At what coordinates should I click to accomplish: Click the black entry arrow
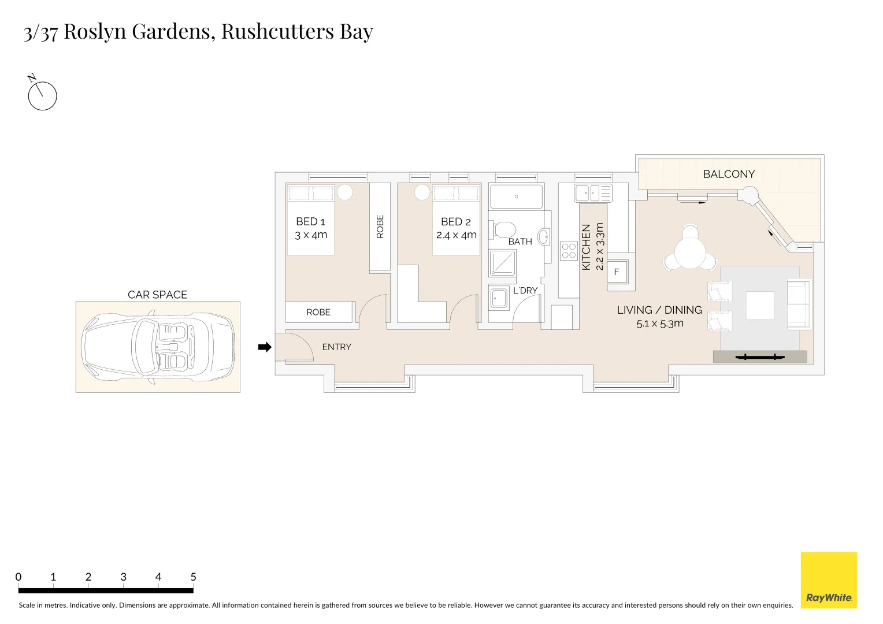[x=264, y=347]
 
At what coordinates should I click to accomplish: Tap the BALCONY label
[x=729, y=174]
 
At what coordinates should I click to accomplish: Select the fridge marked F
[x=617, y=272]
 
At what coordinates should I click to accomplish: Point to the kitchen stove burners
[x=569, y=250]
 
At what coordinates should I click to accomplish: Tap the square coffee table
[x=759, y=306]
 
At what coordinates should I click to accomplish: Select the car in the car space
[x=158, y=347]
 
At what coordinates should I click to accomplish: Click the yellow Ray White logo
[x=829, y=580]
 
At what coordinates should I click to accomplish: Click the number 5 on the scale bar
[x=193, y=577]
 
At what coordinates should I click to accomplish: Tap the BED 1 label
[x=310, y=221]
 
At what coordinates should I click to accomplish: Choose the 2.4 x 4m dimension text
[x=456, y=235]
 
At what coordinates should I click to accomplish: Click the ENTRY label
[x=336, y=347]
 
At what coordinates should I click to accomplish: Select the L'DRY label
[x=525, y=291]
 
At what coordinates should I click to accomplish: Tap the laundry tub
[x=498, y=299]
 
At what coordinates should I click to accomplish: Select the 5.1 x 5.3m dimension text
[x=659, y=324]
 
